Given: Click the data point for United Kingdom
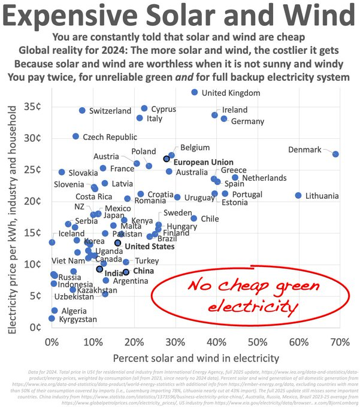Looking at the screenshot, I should coord(195,92).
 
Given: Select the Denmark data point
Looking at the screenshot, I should coord(336,154).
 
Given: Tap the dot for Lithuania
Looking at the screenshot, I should coord(298,196).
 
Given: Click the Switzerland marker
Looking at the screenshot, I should coord(82,111).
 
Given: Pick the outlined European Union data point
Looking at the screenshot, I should coord(167,159).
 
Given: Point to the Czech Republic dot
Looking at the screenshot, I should coord(76,136).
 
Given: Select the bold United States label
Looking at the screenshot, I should coord(150,246).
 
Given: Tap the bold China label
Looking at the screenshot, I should coord(143,271).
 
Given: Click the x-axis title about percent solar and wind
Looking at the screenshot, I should coord(195,359).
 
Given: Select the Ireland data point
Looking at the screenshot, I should coord(215,115).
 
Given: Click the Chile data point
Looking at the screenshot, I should coord(194,218).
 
